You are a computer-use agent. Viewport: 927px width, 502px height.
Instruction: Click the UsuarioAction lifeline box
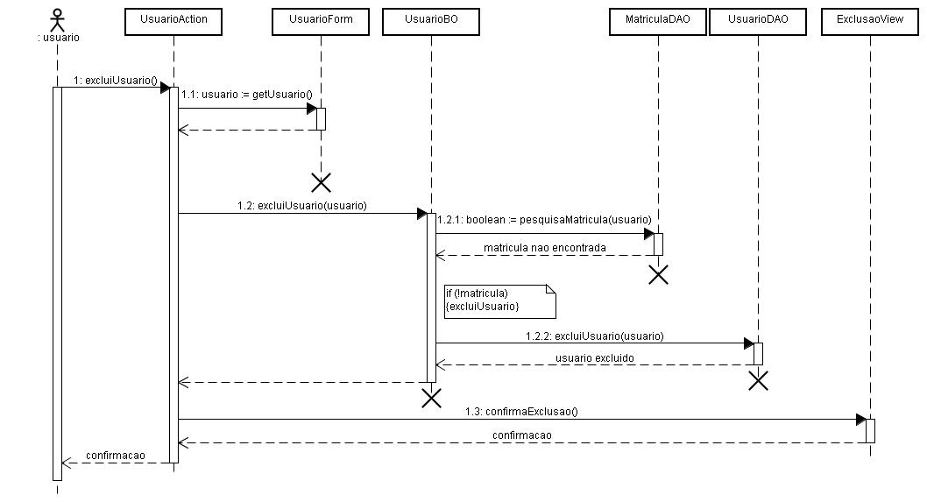173,22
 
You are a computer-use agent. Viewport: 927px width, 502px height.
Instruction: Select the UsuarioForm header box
321,22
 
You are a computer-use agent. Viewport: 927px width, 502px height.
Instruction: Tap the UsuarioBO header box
431,22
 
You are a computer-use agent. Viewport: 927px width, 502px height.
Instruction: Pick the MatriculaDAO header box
658,22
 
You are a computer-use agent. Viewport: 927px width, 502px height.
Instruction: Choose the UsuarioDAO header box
758,22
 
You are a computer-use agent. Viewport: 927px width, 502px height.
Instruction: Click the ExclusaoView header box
870,22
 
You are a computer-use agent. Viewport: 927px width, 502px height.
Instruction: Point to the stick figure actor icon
57,19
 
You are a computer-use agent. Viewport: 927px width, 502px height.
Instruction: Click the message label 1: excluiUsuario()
116,81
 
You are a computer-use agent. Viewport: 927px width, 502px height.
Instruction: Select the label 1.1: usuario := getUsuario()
246,95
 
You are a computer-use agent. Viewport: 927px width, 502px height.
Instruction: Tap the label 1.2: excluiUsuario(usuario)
302,206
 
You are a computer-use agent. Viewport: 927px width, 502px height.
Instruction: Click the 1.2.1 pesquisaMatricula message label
544,220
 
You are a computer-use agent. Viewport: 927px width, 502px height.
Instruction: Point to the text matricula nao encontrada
544,248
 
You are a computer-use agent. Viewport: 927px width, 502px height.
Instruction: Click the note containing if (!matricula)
500,301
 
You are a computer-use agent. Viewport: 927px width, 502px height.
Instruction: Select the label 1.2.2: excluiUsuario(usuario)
595,336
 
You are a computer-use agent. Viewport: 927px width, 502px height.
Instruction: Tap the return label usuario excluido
595,358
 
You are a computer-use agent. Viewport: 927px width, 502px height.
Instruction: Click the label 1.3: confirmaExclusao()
521,412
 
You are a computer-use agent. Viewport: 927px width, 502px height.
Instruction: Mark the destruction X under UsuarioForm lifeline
321,183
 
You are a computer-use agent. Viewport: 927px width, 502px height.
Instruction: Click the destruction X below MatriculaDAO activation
658,275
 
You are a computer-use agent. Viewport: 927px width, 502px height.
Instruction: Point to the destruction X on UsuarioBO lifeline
432,399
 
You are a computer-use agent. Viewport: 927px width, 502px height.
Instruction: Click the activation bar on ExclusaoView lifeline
870,431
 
